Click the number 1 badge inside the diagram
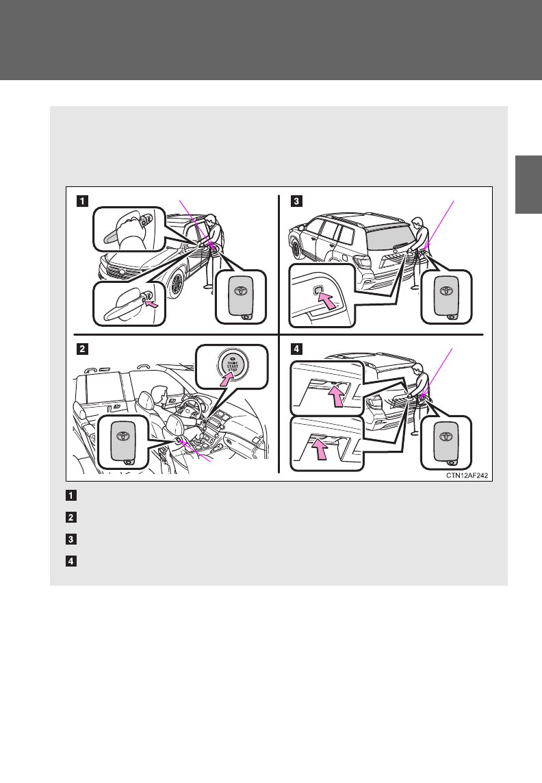pyautogui.click(x=82, y=201)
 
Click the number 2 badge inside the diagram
pyautogui.click(x=82, y=349)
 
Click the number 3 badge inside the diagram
pyautogui.click(x=296, y=201)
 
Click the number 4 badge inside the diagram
pyautogui.click(x=296, y=349)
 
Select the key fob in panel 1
pyautogui.click(x=241, y=296)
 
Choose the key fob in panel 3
pyautogui.click(x=446, y=296)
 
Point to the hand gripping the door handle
pyautogui.click(x=128, y=229)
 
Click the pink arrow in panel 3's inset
pyautogui.click(x=327, y=301)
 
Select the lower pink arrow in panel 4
pyautogui.click(x=320, y=449)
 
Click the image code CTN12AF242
pyautogui.click(x=467, y=475)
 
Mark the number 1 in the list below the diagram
pyautogui.click(x=71, y=495)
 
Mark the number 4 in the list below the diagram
pyautogui.click(x=71, y=561)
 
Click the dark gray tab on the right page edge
pyautogui.click(x=528, y=185)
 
